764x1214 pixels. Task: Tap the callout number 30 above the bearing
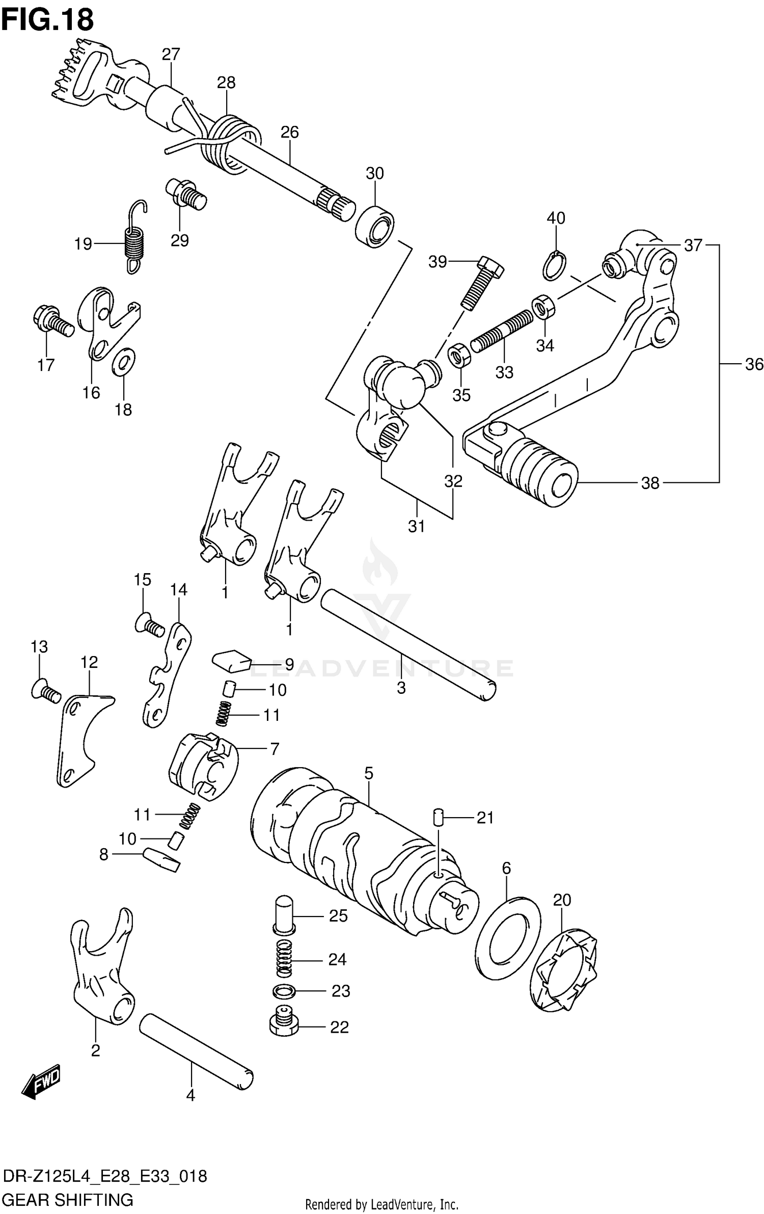[374, 174]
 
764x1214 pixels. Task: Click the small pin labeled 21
[438, 818]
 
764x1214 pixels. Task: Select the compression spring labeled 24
[285, 959]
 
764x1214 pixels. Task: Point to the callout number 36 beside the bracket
[754, 364]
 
